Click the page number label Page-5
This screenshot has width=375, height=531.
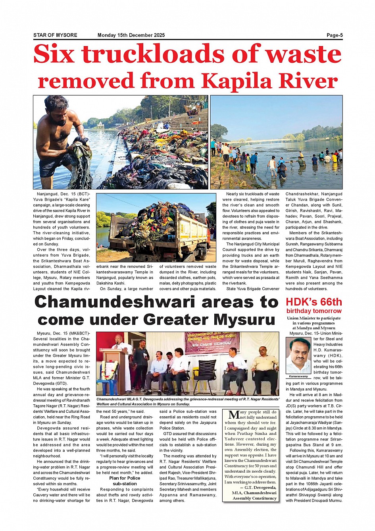pyautogui.click(x=335, y=35)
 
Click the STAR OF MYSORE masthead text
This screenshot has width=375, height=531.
pyautogui.click(x=55, y=35)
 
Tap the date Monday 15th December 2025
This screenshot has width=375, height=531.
pyautogui.click(x=131, y=35)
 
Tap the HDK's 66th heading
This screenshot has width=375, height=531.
pyautogui.click(x=313, y=302)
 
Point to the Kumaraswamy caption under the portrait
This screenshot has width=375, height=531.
pyautogui.click(x=298, y=376)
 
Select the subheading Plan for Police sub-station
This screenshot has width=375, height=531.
pyautogui.click(x=125, y=481)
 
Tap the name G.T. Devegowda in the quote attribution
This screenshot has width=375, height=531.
pyautogui.click(x=260, y=487)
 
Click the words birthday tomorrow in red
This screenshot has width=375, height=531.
pyautogui.click(x=313, y=311)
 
